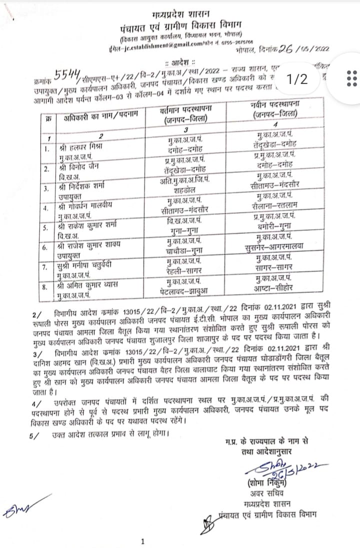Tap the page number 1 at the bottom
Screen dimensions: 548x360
(143, 540)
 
